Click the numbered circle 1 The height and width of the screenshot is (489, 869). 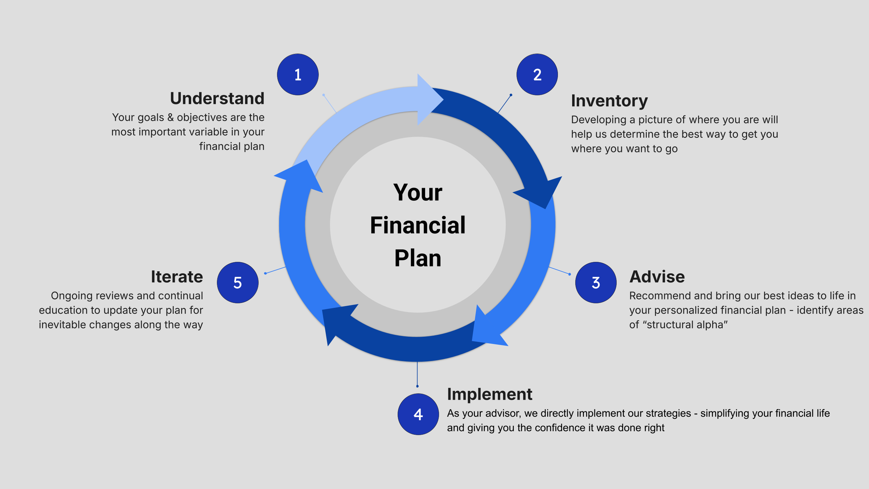coord(298,74)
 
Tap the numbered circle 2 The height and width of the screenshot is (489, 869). coord(537,74)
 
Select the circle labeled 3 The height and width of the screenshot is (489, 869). coord(596,282)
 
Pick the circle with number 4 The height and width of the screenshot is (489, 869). coord(418,414)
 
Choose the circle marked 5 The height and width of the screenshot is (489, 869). coord(238,282)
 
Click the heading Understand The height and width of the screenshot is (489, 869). coord(217,98)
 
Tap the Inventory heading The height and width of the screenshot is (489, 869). coord(609,101)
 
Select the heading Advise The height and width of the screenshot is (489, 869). coord(657,277)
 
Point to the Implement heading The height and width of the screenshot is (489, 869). coord(489,394)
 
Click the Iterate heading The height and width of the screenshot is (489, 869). coord(177,277)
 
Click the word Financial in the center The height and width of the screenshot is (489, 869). coord(417,225)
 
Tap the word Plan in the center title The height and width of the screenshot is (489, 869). coord(417,258)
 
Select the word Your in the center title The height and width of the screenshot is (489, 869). coord(417,192)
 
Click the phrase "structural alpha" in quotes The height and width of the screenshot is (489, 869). coord(685,324)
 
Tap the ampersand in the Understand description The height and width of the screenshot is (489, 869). coord(170,118)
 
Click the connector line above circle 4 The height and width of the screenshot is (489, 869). coord(417,374)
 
